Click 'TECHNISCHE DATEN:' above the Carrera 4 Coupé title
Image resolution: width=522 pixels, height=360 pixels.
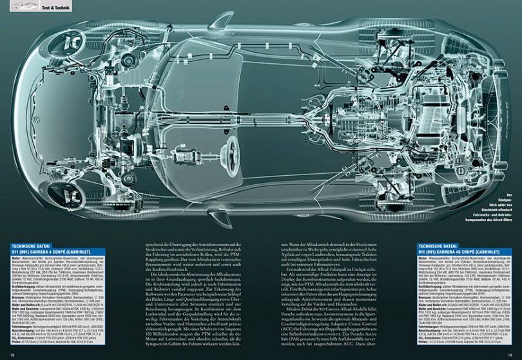pos(37,246)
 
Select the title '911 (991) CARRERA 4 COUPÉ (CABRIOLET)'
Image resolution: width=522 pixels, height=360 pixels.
pos(55,252)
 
